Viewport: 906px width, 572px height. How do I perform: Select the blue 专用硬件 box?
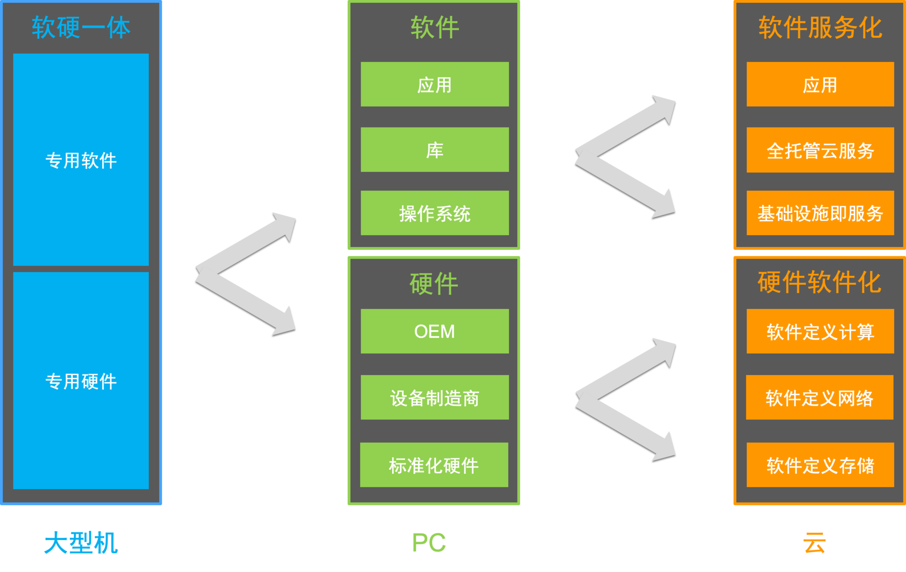(81, 381)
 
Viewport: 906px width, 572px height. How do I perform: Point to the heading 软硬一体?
(81, 27)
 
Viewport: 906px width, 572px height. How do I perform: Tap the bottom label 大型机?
(81, 542)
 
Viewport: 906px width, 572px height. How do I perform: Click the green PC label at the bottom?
(428, 542)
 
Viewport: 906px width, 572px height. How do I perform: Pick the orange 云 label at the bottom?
(814, 542)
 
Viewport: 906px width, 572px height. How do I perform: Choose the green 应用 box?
(435, 85)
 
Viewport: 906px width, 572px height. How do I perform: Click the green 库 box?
(435, 150)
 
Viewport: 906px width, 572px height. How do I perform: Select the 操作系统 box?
(435, 213)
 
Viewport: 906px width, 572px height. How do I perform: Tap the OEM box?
(435, 331)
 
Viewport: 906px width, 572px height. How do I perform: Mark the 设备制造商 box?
(435, 397)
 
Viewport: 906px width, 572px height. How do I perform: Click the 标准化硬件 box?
(434, 465)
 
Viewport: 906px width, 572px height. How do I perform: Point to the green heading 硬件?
(434, 283)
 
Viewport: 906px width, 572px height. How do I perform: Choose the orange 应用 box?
(820, 85)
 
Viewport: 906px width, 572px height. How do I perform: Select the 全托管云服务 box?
(820, 150)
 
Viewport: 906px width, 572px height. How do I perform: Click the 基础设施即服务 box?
(820, 213)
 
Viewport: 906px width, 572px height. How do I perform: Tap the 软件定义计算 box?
(820, 331)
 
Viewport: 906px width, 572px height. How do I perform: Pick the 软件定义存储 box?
(820, 465)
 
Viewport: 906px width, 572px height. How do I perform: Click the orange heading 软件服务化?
(820, 27)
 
